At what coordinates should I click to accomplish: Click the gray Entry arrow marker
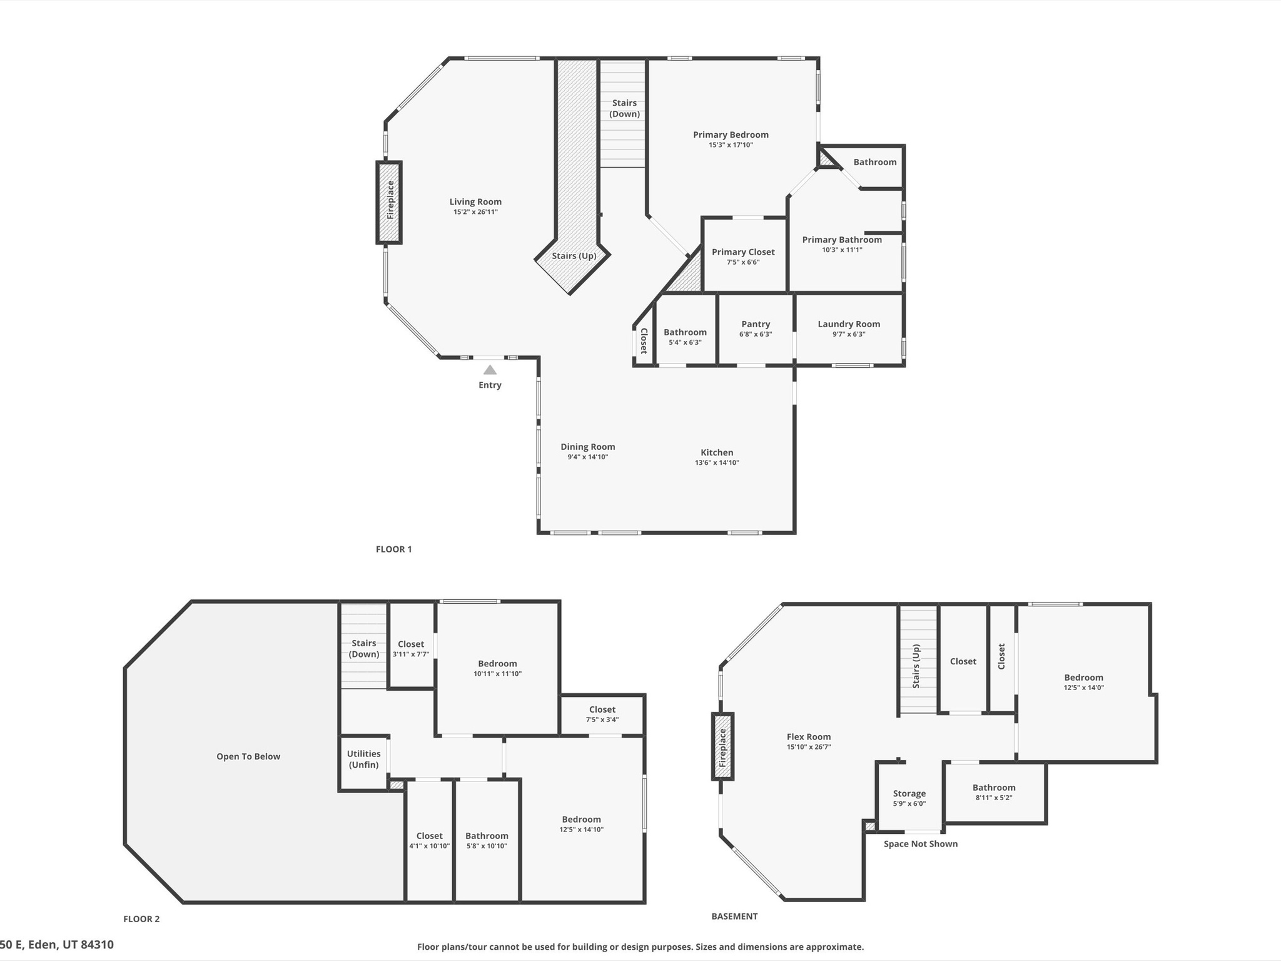(x=490, y=370)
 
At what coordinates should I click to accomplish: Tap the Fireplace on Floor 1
(x=389, y=202)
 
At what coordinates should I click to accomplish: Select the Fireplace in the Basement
(x=722, y=746)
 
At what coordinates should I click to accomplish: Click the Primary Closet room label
(x=743, y=252)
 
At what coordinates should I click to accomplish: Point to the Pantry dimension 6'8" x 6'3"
(x=756, y=334)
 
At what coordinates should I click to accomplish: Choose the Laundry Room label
(x=849, y=324)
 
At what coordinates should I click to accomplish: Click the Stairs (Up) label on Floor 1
(x=574, y=256)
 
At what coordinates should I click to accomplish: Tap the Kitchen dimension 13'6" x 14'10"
(x=717, y=463)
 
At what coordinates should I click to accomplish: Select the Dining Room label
(x=588, y=447)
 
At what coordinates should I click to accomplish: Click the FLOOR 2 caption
(x=141, y=919)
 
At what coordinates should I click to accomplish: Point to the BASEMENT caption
(x=734, y=916)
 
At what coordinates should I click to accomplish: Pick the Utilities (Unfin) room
(x=364, y=763)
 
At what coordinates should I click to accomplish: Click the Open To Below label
(x=248, y=756)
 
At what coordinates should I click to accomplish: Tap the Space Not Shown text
(x=921, y=844)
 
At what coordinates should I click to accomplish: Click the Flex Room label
(x=809, y=737)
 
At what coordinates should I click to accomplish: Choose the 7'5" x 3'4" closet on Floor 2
(x=602, y=714)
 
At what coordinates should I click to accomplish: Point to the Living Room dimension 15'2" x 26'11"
(x=476, y=212)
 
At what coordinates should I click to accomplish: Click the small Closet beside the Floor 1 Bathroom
(x=644, y=340)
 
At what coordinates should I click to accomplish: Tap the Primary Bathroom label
(x=842, y=240)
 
